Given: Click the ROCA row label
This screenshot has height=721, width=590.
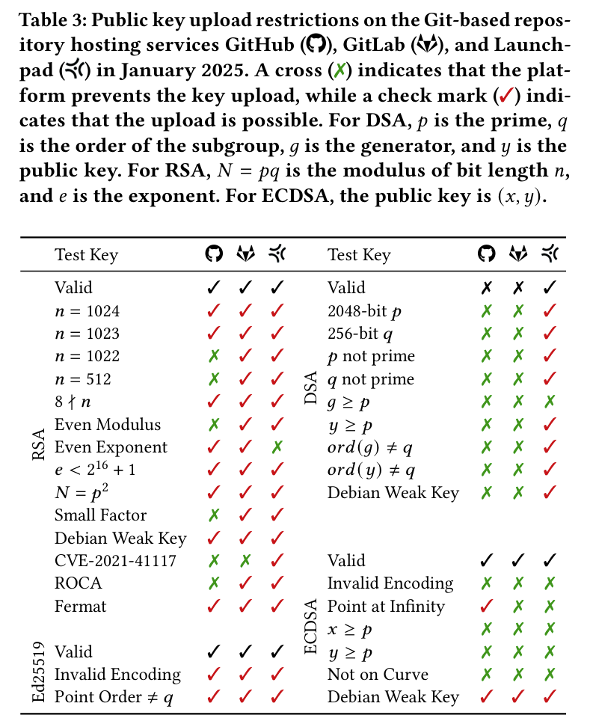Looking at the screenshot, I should pyautogui.click(x=78, y=583).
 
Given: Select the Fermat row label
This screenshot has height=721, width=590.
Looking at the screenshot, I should pyautogui.click(x=81, y=607).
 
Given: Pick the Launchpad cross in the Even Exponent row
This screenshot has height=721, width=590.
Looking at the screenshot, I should pyautogui.click(x=277, y=447).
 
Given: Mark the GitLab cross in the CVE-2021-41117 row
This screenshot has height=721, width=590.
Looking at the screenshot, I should pyautogui.click(x=245, y=561).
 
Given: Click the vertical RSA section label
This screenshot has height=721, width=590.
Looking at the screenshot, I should pyautogui.click(x=40, y=447).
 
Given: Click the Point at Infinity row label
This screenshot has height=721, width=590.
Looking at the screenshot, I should pyautogui.click(x=386, y=607).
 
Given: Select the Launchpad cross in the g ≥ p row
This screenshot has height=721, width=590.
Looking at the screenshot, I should pyautogui.click(x=550, y=402).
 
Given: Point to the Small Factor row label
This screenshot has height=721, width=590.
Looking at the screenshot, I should pyautogui.click(x=100, y=515).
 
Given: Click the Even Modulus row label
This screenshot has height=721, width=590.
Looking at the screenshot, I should pyautogui.click(x=108, y=425).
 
